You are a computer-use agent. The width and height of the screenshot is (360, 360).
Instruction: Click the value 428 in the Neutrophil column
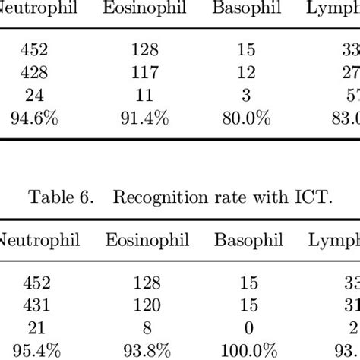point(35,71)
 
